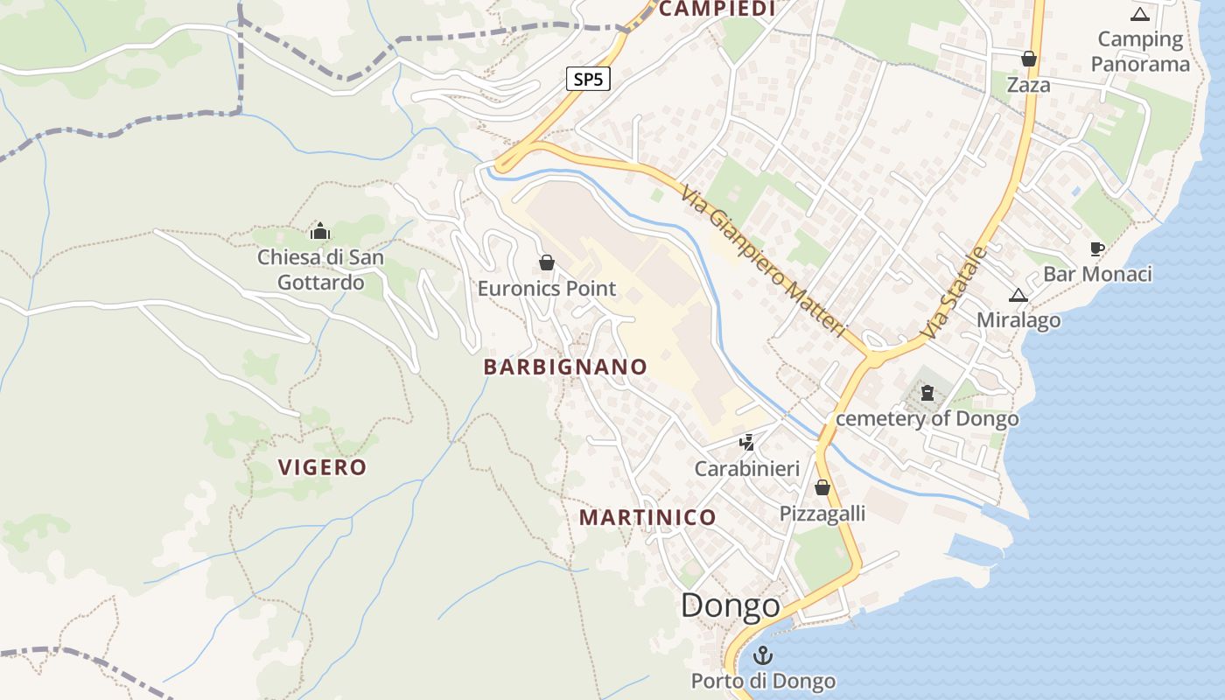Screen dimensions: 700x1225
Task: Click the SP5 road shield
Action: pos(587,80)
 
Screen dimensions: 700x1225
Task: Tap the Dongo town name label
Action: pos(730,605)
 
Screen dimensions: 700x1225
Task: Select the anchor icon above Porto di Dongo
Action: pos(764,655)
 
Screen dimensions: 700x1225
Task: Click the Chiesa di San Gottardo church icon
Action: pos(320,232)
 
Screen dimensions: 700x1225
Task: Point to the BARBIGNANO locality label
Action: pos(565,367)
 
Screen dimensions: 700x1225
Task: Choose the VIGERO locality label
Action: pos(322,467)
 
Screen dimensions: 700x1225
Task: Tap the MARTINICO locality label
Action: pos(647,517)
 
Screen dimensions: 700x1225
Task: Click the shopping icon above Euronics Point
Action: pos(547,262)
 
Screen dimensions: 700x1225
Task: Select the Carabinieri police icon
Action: pos(746,443)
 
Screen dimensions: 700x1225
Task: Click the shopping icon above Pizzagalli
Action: pos(822,487)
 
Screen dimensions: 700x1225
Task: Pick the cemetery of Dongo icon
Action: pos(927,393)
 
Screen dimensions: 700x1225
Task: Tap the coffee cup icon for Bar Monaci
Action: pos(1097,248)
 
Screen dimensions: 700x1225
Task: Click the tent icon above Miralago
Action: pos(1018,295)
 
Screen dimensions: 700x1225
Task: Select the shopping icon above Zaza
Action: pos(1029,59)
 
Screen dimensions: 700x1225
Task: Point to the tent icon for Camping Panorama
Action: pos(1139,14)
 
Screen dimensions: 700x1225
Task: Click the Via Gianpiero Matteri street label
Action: pos(764,261)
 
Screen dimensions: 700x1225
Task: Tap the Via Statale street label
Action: pos(954,294)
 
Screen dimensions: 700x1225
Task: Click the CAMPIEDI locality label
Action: pos(717,9)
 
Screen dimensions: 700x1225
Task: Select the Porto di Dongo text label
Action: pos(763,681)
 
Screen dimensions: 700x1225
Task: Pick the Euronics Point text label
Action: pos(547,288)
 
